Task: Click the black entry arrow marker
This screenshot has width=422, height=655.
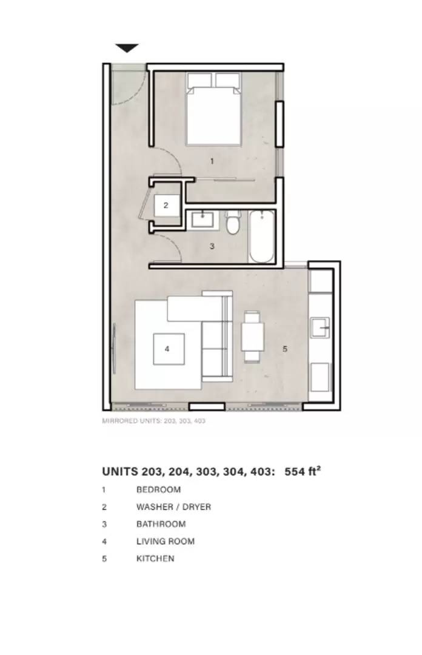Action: pyautogui.click(x=127, y=48)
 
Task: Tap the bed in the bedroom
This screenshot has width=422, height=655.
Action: pyautogui.click(x=213, y=109)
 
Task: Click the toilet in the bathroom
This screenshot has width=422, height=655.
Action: pyautogui.click(x=232, y=222)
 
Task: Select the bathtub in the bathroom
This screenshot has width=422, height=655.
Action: pyautogui.click(x=261, y=237)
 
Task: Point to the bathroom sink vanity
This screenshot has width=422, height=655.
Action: pyautogui.click(x=203, y=220)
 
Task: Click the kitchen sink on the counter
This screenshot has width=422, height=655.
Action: pyautogui.click(x=320, y=327)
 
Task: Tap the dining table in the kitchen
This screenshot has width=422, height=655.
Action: pyautogui.click(x=253, y=336)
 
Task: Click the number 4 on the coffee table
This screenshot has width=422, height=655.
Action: pyautogui.click(x=167, y=348)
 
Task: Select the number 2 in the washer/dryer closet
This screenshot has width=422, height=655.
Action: pyautogui.click(x=166, y=205)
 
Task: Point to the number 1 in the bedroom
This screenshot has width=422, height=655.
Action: pyautogui.click(x=212, y=161)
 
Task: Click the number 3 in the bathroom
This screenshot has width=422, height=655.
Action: pyautogui.click(x=212, y=246)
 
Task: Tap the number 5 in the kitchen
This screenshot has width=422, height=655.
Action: pyautogui.click(x=285, y=348)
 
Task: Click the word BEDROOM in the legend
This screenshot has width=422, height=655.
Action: pyautogui.click(x=158, y=489)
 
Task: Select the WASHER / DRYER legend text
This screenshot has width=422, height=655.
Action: pyautogui.click(x=173, y=506)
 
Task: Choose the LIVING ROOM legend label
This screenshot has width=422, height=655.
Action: pyautogui.click(x=166, y=542)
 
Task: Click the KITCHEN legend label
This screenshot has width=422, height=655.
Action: pyautogui.click(x=155, y=559)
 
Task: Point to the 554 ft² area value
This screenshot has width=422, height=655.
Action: pyautogui.click(x=303, y=471)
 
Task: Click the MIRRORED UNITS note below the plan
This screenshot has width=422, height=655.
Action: pyautogui.click(x=154, y=421)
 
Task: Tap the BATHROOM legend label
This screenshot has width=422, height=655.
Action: pyautogui.click(x=161, y=524)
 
